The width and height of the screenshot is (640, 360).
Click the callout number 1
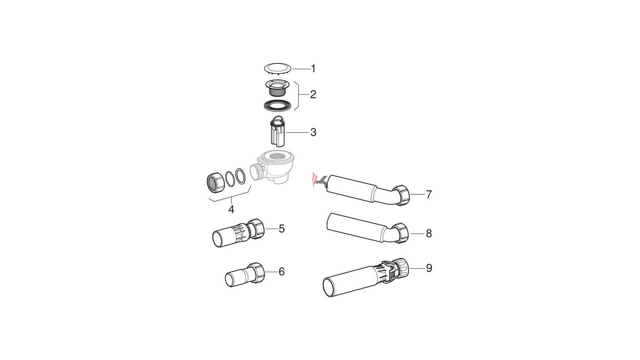tap(313, 69)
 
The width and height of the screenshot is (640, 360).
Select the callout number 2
tap(313, 95)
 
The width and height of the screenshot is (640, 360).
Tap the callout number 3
tap(313, 132)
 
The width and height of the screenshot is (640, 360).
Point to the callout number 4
tap(231, 209)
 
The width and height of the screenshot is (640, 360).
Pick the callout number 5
tap(282, 229)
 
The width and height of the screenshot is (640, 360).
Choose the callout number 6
tap(282, 272)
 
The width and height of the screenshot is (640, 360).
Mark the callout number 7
tap(429, 194)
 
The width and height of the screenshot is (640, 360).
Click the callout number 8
tap(429, 234)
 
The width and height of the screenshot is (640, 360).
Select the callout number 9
tap(429, 268)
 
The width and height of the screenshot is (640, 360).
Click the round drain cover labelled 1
tap(278, 69)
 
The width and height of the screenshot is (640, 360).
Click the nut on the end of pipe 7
tap(401, 195)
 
